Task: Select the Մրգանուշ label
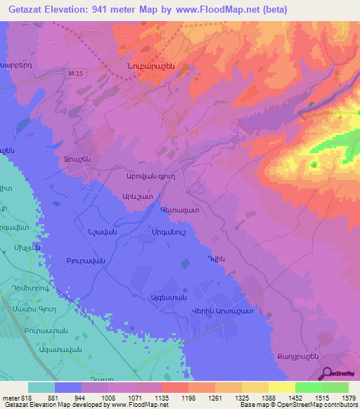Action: point(168,233)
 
